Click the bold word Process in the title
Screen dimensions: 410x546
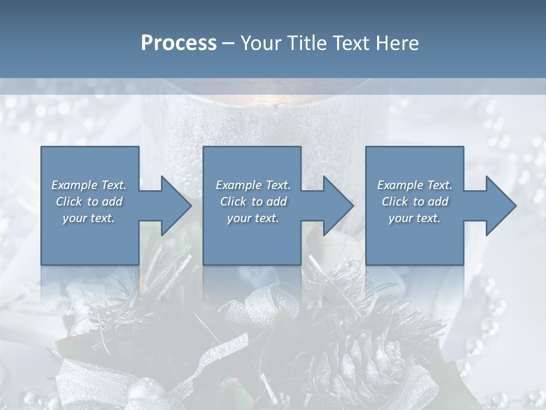pos(179,43)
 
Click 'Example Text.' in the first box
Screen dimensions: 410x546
pos(89,185)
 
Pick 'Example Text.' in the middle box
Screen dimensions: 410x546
pos(253,185)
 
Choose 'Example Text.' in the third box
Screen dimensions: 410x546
pos(415,185)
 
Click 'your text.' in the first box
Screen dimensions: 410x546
pos(89,218)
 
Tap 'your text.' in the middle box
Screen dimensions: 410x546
pos(253,218)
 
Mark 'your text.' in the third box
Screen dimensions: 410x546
pos(415,218)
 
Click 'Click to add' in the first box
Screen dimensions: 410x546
pos(89,202)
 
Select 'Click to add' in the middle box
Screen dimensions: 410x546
pos(253,202)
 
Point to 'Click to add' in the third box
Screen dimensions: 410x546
pos(415,202)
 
